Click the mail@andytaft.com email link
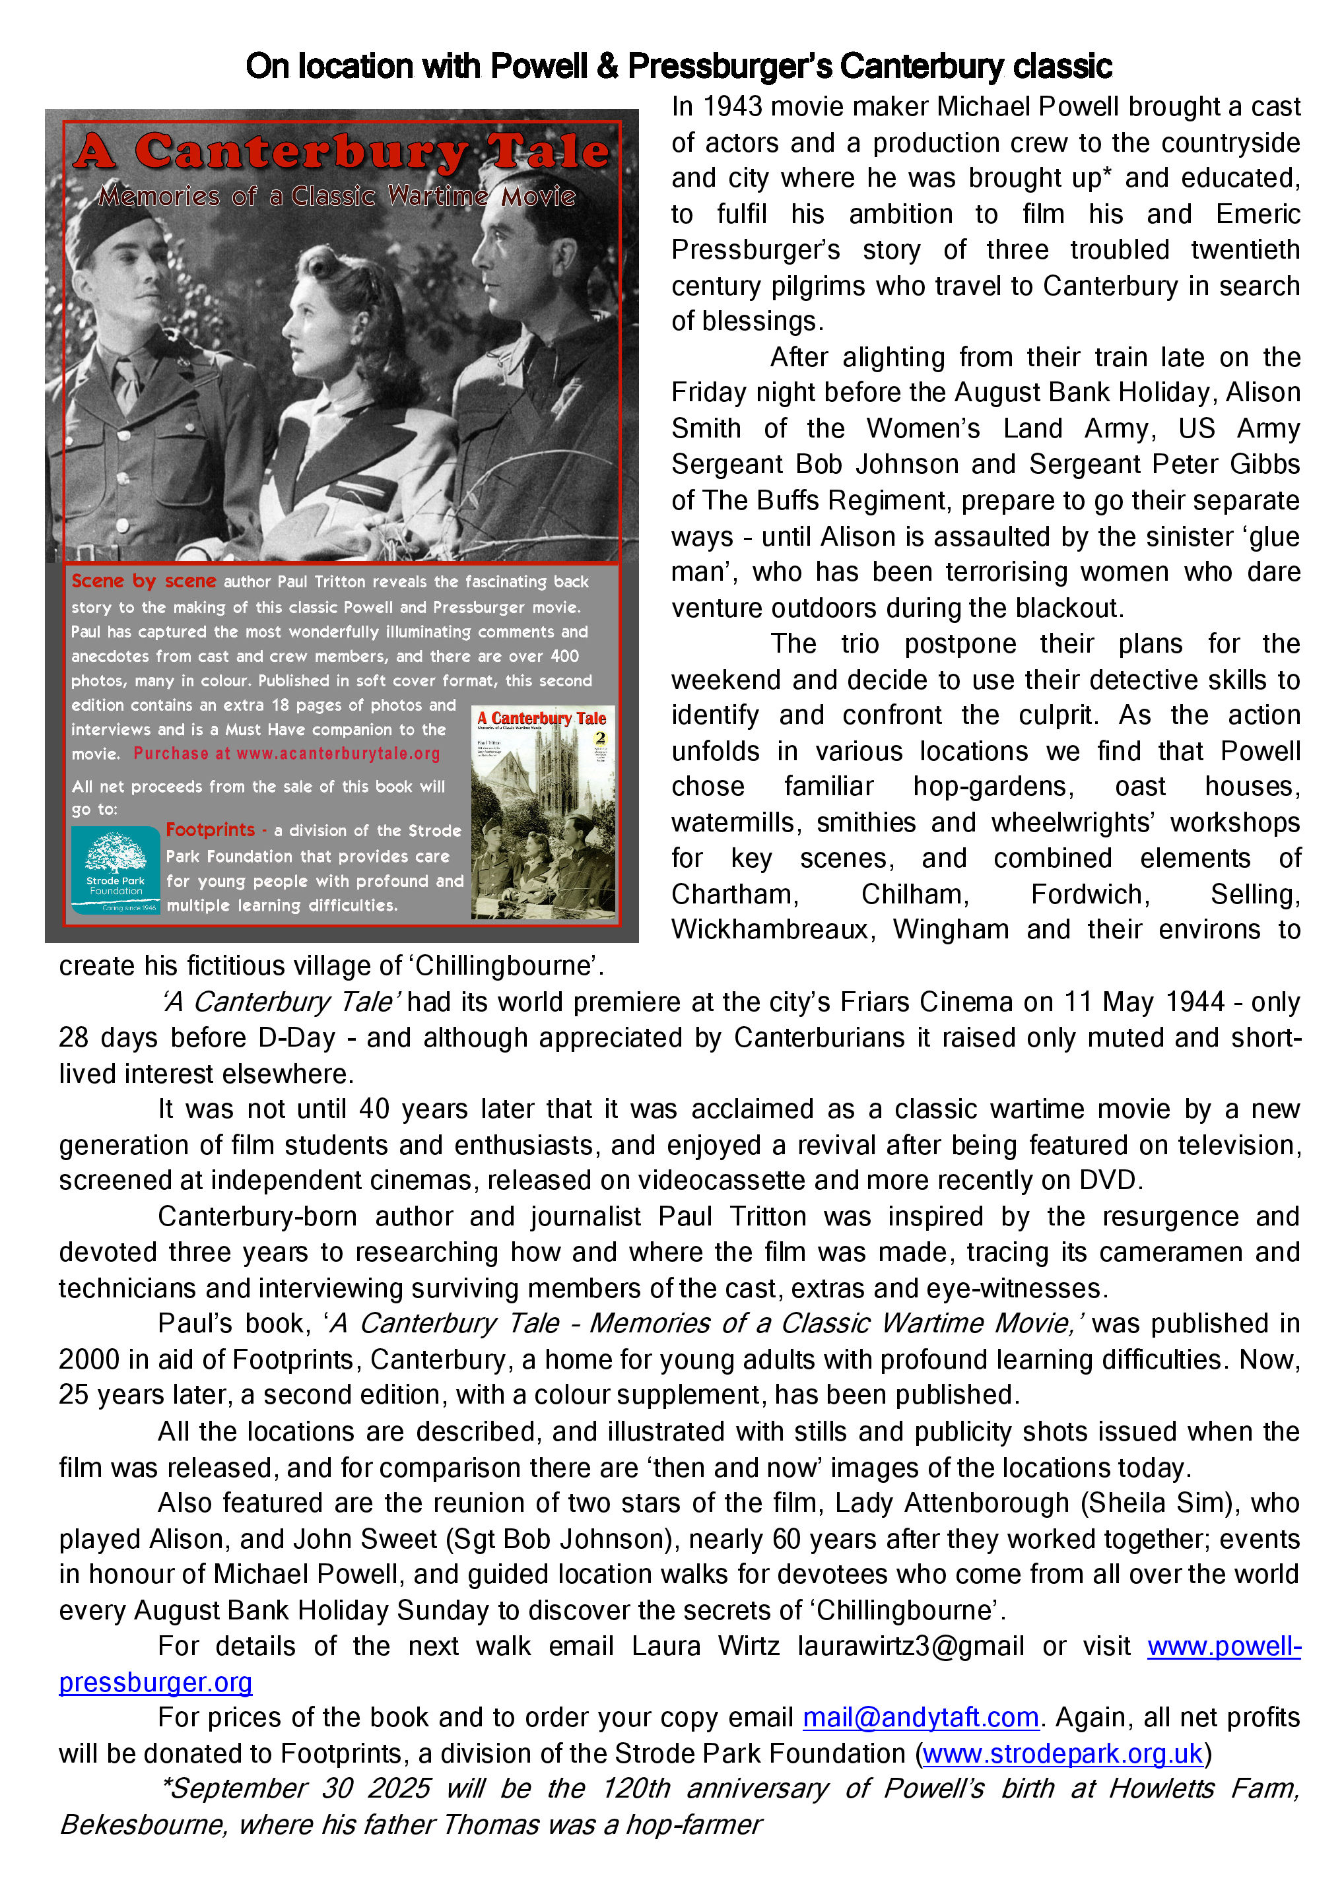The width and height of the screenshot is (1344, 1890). coord(920,1718)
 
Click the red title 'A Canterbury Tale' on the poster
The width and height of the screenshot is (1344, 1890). coord(341,153)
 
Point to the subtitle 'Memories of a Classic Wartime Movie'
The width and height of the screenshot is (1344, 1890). coord(337,196)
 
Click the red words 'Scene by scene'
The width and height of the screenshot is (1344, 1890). coord(143,581)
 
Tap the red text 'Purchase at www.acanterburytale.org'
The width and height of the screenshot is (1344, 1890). coord(286,754)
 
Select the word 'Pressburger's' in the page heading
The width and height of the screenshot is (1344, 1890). coord(730,66)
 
